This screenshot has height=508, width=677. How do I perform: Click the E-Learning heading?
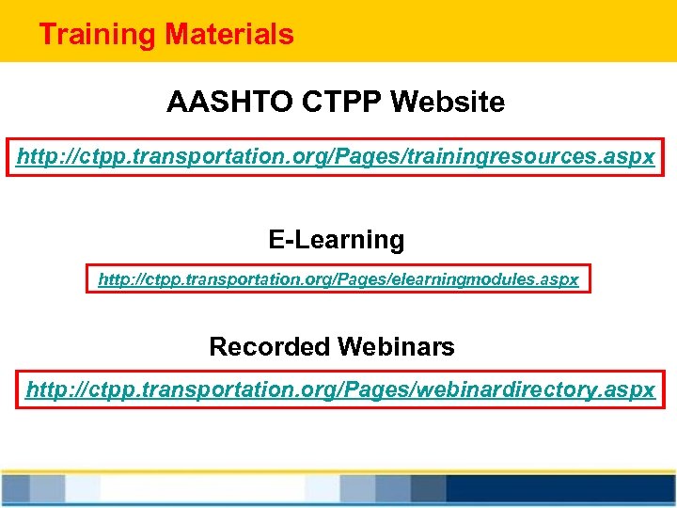coord(337,240)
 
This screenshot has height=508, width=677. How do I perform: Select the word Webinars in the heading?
coord(396,347)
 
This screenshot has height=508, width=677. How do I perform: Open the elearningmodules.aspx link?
coord(338,279)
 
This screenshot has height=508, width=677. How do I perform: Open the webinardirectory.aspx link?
coord(340,389)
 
